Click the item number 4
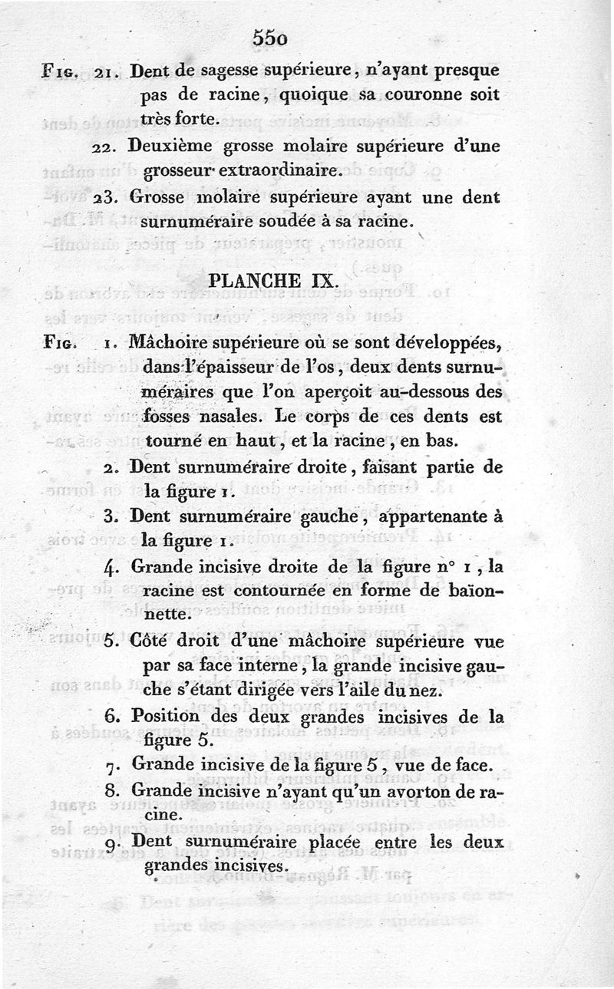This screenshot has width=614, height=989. [110, 567]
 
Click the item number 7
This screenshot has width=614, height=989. [110, 766]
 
